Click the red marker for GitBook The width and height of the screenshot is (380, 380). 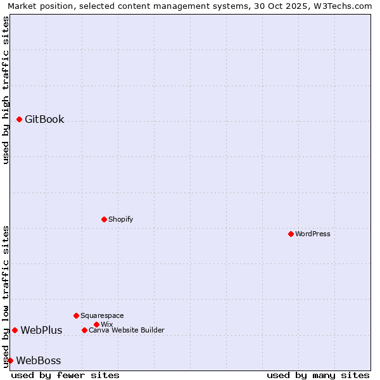[19, 119]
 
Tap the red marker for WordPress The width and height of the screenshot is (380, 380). [291, 234]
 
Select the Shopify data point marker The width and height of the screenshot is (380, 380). [104, 219]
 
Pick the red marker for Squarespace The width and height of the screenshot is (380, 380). [76, 315]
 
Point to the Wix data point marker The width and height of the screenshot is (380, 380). [96, 324]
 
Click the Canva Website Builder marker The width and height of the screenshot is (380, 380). [84, 330]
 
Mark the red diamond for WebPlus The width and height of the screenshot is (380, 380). [15, 330]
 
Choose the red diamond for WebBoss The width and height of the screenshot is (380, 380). [10, 360]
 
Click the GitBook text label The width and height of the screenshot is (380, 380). [44, 119]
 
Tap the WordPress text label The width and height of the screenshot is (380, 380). [313, 234]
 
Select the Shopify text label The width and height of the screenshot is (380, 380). [120, 219]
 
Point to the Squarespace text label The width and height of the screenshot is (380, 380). [102, 315]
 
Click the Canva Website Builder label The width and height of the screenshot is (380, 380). [127, 330]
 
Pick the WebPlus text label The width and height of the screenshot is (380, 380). [41, 330]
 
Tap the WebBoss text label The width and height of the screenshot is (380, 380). [39, 361]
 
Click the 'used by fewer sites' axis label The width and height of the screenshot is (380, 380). [65, 375]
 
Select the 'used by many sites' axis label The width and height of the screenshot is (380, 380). [318, 375]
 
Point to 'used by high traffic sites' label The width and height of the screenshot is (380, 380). [6, 90]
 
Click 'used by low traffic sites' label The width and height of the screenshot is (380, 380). [6, 296]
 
